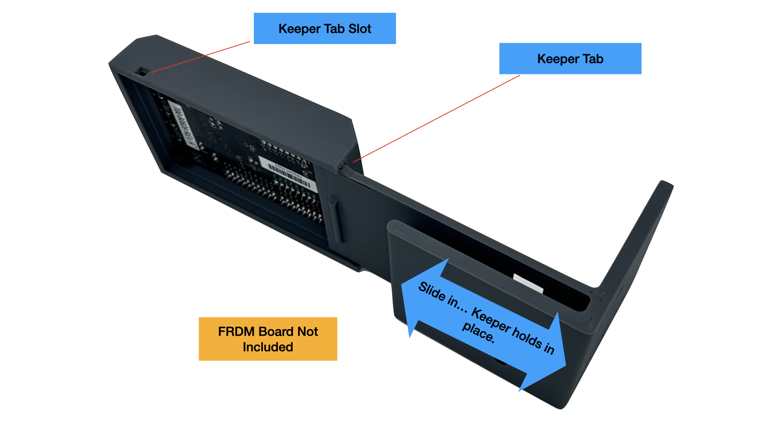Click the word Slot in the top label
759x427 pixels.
coord(360,29)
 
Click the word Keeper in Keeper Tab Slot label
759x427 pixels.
coord(299,29)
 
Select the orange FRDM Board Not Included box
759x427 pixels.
coord(268,339)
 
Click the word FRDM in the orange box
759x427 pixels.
coord(236,331)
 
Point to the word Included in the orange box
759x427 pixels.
coord(268,347)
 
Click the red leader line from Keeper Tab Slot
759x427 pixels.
coord(201,57)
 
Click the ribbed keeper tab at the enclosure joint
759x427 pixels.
coord(347,171)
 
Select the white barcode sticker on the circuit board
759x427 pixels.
coord(288,173)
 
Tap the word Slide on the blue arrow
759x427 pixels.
coord(432,291)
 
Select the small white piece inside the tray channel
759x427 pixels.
coord(528,283)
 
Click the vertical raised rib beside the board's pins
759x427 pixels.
coord(336,217)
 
